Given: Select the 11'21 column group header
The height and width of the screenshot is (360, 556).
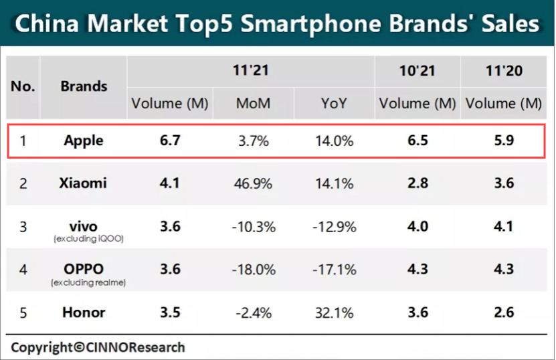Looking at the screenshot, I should [251, 70].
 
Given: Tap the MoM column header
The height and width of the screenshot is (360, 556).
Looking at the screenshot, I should [252, 103].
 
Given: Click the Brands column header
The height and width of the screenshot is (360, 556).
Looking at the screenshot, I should [84, 86].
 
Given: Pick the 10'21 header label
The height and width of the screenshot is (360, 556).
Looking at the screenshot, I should [417, 70].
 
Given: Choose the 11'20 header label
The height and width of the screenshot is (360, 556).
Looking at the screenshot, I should [503, 70].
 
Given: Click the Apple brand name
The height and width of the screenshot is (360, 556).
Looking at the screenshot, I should [84, 141].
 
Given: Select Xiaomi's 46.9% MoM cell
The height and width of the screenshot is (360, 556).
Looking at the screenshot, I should [253, 183].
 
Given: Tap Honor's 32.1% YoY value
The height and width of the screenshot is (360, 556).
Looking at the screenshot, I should [334, 312].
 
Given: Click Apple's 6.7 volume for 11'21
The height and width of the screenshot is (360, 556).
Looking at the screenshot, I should [169, 141].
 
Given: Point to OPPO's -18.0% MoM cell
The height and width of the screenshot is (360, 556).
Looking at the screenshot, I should [253, 270].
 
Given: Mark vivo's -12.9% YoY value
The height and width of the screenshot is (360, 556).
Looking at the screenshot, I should [334, 227].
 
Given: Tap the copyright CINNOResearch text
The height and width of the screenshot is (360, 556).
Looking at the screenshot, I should [98, 347].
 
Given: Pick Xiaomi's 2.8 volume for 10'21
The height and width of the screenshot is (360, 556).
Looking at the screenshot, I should [417, 183].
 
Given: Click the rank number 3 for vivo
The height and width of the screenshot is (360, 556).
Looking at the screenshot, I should [23, 227].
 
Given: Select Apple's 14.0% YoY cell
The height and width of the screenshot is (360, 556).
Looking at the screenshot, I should [334, 141].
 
